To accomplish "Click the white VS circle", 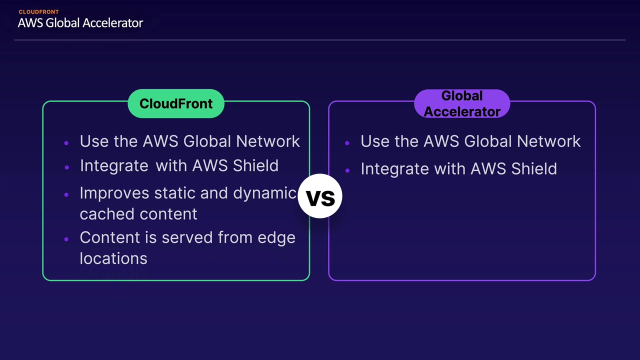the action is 320,196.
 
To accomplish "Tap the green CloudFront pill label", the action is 176,103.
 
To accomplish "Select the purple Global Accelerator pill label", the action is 462,103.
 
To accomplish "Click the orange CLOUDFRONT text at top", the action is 39,12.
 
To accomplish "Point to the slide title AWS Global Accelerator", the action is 80,23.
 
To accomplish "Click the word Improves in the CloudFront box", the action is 114,193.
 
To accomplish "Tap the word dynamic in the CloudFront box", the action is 265,193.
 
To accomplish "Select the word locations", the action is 113,258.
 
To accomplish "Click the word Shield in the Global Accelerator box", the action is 534,168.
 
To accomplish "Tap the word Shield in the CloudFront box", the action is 255,165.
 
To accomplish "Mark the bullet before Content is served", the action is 66,239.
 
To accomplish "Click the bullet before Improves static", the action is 66,195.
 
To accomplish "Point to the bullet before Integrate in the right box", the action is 347,170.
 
